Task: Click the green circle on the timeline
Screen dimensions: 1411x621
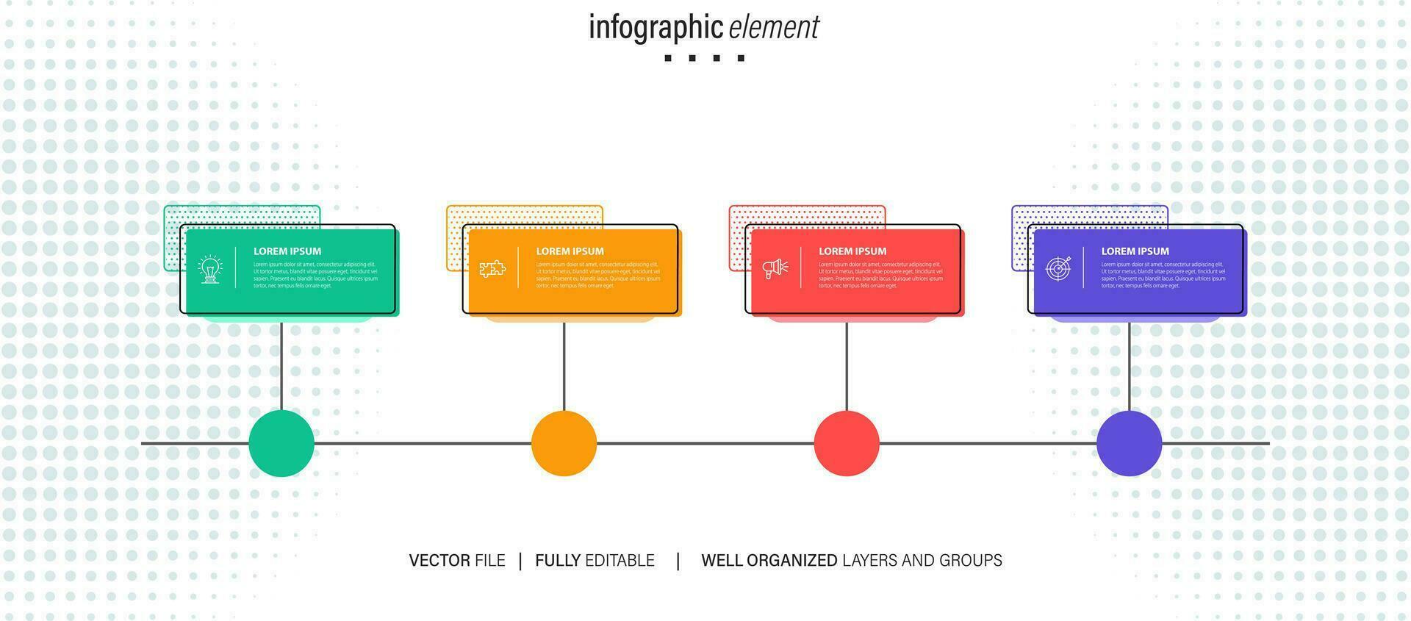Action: click(x=281, y=443)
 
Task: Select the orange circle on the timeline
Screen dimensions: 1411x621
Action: click(x=564, y=443)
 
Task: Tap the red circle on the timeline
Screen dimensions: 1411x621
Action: click(x=847, y=443)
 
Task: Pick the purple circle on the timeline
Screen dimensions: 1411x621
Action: click(x=1129, y=443)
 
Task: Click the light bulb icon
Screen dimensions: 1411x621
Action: click(x=211, y=269)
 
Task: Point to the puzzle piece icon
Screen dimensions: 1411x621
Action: click(x=492, y=268)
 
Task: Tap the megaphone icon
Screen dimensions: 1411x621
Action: click(x=775, y=268)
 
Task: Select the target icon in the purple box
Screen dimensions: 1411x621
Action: click(x=1058, y=268)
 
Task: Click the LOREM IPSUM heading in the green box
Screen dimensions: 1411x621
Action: click(x=287, y=251)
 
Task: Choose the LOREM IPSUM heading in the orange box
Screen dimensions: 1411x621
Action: click(x=570, y=251)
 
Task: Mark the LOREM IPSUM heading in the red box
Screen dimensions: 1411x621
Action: click(x=852, y=251)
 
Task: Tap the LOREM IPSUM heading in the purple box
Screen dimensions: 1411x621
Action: click(x=1135, y=251)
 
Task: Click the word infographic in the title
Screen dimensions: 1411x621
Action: click(x=656, y=28)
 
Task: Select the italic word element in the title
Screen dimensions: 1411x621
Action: click(x=774, y=28)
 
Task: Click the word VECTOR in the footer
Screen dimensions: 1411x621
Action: click(x=439, y=561)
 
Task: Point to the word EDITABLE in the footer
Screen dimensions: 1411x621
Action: click(x=620, y=561)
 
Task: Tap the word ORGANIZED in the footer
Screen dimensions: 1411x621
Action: click(x=791, y=561)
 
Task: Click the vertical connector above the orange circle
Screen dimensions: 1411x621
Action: click(x=564, y=366)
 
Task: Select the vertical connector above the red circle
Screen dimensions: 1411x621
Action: click(x=847, y=366)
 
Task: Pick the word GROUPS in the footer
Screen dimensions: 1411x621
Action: click(x=971, y=561)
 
